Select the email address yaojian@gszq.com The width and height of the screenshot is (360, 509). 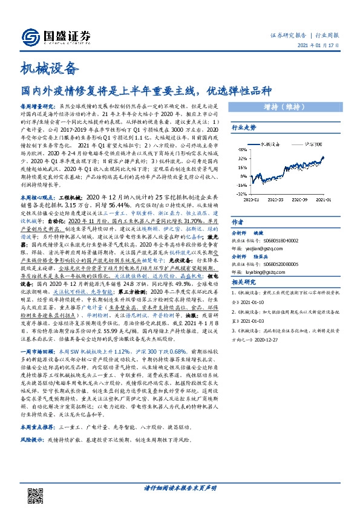[266, 247]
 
